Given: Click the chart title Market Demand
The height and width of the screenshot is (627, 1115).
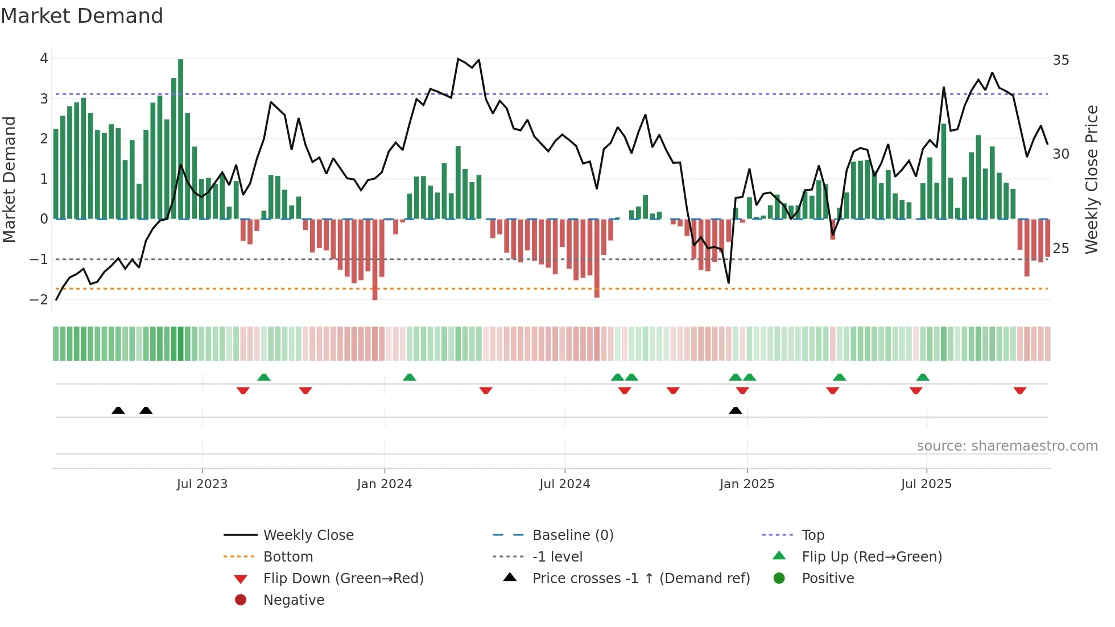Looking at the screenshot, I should (x=82, y=16).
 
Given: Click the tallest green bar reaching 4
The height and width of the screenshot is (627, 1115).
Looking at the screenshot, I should (x=180, y=139).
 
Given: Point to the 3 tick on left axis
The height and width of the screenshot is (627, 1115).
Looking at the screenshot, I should (x=44, y=99).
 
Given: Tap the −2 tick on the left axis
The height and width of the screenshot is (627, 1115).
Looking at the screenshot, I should (x=39, y=299).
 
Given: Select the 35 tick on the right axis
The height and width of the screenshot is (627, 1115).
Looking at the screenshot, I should (x=1060, y=60).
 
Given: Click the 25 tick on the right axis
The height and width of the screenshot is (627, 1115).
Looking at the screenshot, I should (x=1060, y=249).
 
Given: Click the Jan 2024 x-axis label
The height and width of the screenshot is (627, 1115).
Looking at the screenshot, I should (x=384, y=484).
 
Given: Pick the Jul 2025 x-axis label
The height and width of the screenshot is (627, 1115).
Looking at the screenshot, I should (x=926, y=484).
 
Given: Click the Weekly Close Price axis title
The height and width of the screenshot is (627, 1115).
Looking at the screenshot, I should (x=1091, y=179).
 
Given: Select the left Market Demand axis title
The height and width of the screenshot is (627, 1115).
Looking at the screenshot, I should (x=9, y=179).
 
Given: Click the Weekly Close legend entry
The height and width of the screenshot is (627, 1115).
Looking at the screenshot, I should (x=308, y=535).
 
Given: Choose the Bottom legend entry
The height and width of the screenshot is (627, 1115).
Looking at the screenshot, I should (x=288, y=557).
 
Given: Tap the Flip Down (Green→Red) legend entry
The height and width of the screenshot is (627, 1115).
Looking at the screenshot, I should (x=343, y=579).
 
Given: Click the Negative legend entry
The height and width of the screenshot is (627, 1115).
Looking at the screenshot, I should (x=294, y=600).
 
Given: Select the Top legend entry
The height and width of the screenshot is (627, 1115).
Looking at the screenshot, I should (x=812, y=535).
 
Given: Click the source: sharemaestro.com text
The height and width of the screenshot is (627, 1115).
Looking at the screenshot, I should (x=1007, y=446).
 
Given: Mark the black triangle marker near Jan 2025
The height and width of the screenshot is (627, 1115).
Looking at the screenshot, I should (x=736, y=411).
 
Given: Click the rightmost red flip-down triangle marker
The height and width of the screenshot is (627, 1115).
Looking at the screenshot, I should (x=1019, y=391).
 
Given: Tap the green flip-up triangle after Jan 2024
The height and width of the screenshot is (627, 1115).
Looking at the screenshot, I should (x=410, y=377).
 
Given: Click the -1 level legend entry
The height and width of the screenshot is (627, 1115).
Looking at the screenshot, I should (x=557, y=557).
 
